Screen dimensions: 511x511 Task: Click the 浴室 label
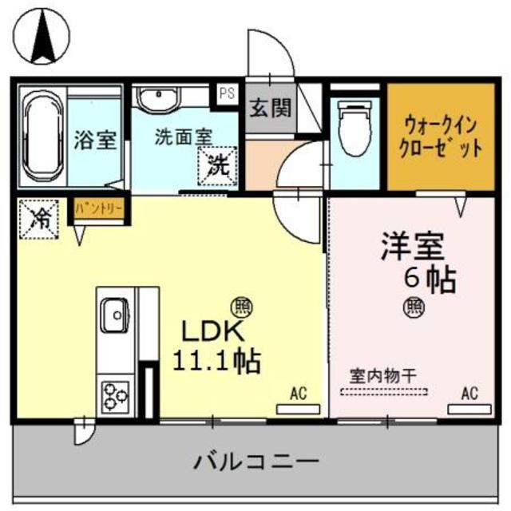click(95, 141)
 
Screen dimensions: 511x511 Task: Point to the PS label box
click(227, 92)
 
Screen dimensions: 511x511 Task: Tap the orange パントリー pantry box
click(100, 208)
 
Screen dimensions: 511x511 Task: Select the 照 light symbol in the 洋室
click(414, 305)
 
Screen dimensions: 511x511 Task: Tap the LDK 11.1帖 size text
click(216, 346)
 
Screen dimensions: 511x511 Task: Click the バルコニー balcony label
click(256, 461)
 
